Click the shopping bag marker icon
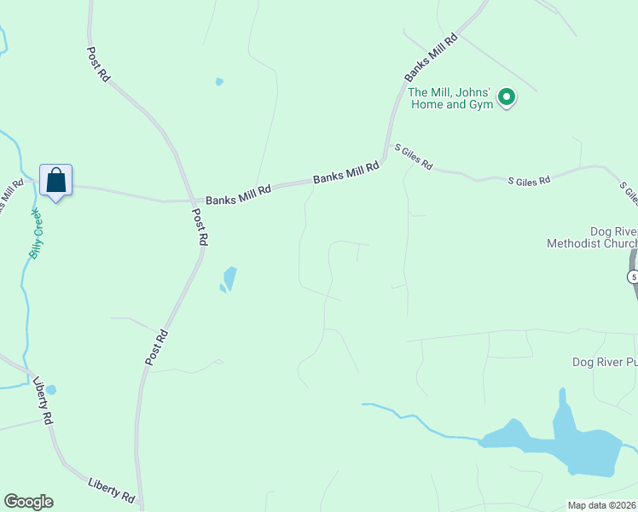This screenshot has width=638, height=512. (55, 181)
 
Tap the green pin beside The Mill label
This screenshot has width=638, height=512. (507, 98)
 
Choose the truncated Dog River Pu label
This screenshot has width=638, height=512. (604, 363)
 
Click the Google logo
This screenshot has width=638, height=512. (28, 502)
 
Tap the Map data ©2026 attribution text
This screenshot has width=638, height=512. (602, 505)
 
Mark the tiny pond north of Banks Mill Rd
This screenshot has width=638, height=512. (219, 82)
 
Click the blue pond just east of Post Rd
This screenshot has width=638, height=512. (229, 279)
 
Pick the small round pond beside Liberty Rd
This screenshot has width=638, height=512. (50, 390)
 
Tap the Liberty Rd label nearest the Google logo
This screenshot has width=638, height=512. (111, 490)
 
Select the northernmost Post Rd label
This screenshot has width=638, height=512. (99, 64)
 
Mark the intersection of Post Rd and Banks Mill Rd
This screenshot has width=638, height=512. (189, 201)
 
